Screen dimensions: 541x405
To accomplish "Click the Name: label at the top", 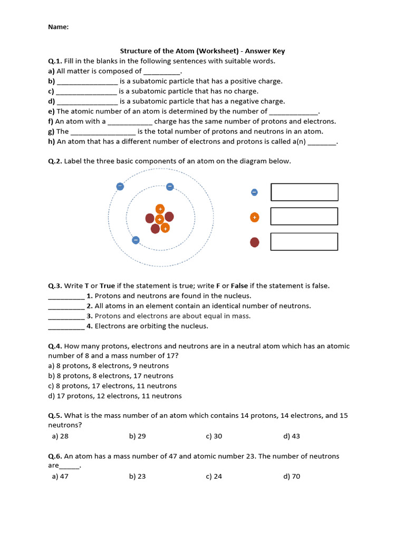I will pos(58,27).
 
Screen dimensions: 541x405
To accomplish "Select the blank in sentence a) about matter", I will pos(162,72).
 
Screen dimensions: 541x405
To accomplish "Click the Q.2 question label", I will pos(55,161).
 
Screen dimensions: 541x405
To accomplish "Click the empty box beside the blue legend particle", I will pos(304,192).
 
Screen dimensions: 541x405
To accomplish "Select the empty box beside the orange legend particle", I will pos(304,217).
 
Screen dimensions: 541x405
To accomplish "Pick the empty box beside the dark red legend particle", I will pos(304,241).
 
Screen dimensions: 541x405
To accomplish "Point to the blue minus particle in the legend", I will pos(255,192).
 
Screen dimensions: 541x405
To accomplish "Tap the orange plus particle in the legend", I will pos(255,217).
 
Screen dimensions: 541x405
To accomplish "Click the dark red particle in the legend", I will pos(255,242).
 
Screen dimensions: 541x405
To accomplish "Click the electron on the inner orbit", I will pos(170,186).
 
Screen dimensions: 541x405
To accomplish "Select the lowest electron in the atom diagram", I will pos(136,240).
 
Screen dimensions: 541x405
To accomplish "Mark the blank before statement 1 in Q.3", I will pos(66,297).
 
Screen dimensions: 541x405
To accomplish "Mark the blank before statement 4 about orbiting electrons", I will pos(66,327).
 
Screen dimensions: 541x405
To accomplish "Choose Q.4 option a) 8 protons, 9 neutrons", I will pos(109,366).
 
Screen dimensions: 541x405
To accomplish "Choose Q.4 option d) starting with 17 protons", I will pos(115,396).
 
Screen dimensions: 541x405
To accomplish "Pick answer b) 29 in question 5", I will pos(137,436).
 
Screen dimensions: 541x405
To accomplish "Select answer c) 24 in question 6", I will pos(214,477).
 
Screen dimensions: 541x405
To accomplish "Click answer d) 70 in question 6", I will pos(292,477).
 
